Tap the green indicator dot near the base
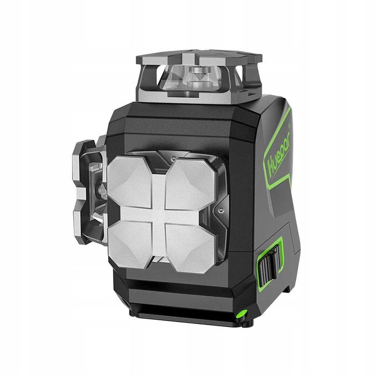click(x=241, y=313)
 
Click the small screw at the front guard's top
click(x=172, y=159)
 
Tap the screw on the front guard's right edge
click(x=220, y=211)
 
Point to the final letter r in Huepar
click(x=287, y=139)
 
